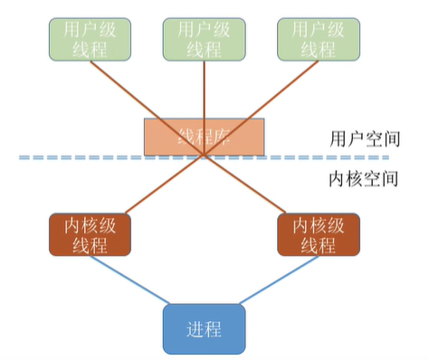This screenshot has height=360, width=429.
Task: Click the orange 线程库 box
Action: pos(205,137)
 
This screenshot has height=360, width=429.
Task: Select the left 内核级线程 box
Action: pos(90,234)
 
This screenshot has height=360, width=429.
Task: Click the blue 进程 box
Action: pos(205,327)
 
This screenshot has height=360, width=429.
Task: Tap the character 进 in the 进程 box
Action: pos(195,327)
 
